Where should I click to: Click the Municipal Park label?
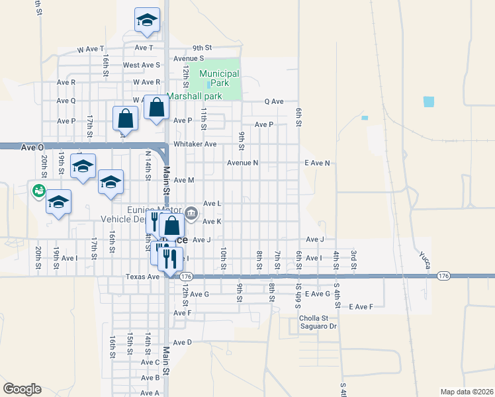click(219, 77)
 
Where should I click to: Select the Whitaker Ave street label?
click(195, 144)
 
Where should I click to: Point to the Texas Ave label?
click(143, 277)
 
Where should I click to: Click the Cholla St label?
click(314, 318)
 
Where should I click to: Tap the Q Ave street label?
click(274, 102)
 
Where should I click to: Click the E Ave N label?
click(317, 163)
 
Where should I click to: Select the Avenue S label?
click(189, 58)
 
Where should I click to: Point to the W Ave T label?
click(91, 49)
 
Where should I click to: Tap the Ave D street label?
click(182, 342)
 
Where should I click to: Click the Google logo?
click(22, 389)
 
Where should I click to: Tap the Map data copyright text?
click(467, 392)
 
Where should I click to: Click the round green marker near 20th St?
click(38, 191)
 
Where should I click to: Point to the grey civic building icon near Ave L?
click(192, 212)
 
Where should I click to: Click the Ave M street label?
click(183, 180)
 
